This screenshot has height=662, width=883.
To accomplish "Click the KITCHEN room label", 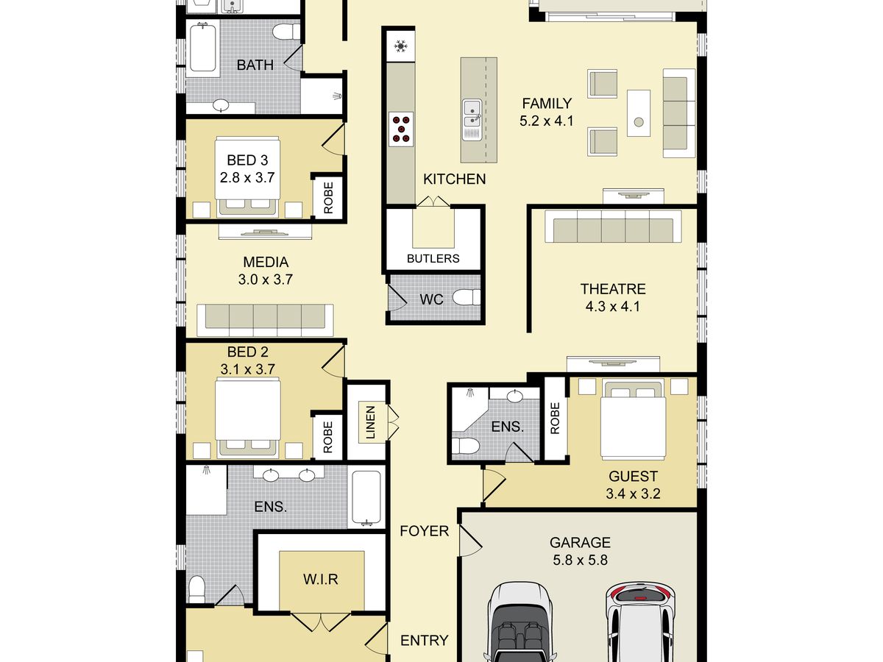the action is [454, 179].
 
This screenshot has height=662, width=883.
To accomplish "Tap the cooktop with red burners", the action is [401, 129].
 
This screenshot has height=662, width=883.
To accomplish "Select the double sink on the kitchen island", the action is [472, 120].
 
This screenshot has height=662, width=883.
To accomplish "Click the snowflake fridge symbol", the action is [401, 46].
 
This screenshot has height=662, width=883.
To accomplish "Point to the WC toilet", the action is [467, 297].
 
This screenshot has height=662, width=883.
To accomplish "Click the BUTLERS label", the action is [433, 258].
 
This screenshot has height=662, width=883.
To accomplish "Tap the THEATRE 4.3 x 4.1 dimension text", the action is [613, 307].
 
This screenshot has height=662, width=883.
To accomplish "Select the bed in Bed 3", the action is [247, 177].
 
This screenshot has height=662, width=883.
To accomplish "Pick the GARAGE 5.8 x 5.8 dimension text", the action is [580, 560].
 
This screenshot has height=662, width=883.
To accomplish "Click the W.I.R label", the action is [321, 579].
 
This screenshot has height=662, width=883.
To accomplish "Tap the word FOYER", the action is [425, 531].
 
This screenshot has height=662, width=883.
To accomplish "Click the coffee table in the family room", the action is [639, 113].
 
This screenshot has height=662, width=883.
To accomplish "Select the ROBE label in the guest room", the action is [555, 419].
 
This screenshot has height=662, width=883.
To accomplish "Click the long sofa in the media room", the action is [265, 320].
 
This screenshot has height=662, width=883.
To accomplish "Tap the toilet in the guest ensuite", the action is [466, 446].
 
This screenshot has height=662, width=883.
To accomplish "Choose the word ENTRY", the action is [425, 640].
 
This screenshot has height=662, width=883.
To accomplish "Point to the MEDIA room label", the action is [266, 262].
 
